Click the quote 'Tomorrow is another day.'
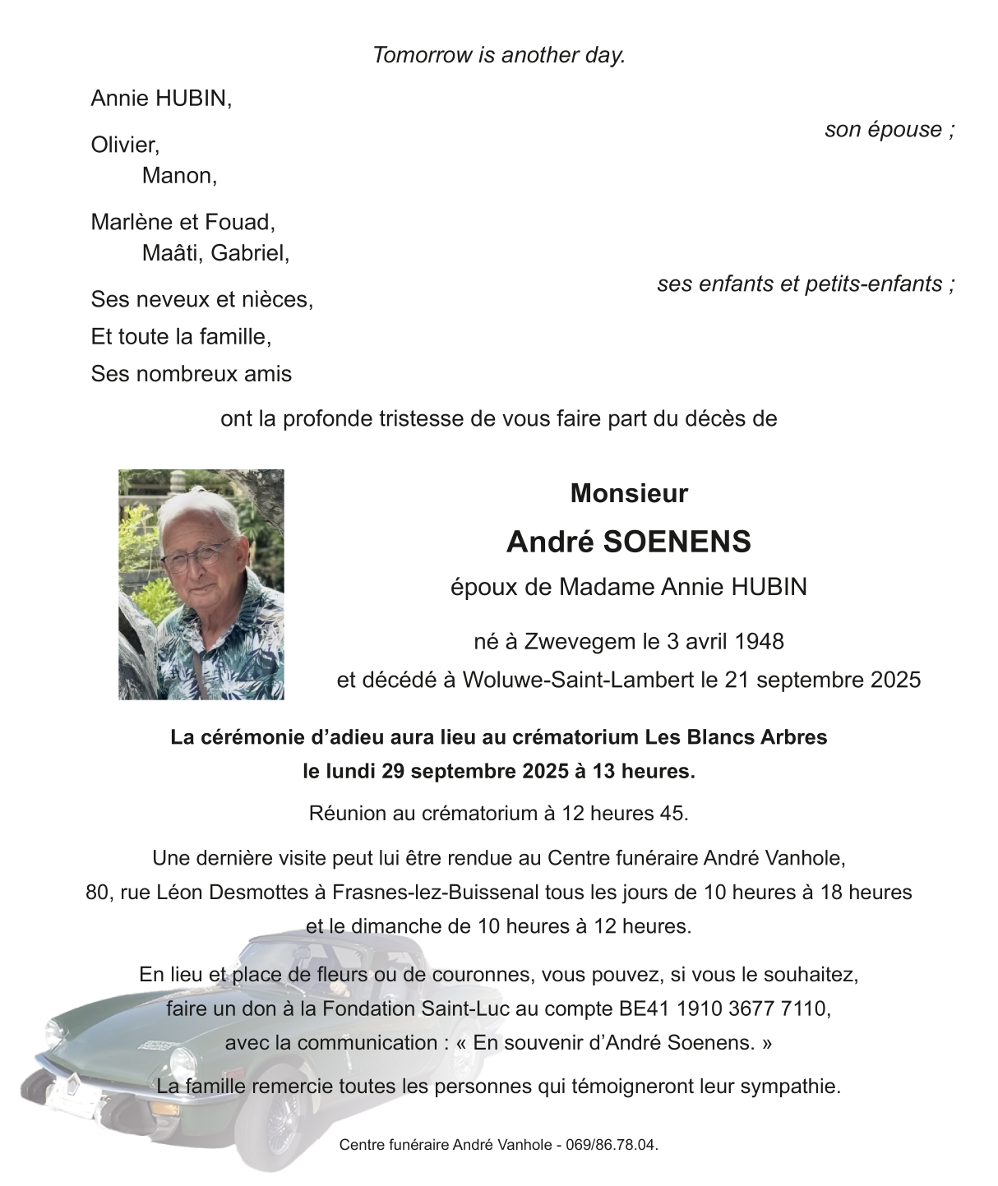(x=499, y=55)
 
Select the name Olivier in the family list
(x=124, y=145)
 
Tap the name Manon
(x=178, y=176)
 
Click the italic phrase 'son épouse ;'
(x=889, y=130)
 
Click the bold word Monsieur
(x=629, y=493)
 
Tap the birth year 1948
(x=759, y=641)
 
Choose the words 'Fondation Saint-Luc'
(x=418, y=1008)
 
